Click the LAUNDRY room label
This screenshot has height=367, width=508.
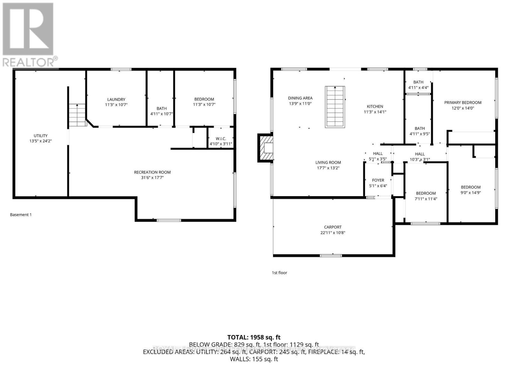[x=116, y=99]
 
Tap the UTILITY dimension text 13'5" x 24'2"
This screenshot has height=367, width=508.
[x=40, y=141]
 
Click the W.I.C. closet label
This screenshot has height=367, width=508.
[x=221, y=139]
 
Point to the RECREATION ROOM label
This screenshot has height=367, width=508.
[x=152, y=172]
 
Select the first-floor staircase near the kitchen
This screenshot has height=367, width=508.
[x=335, y=107]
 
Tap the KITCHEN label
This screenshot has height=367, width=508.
[x=375, y=106]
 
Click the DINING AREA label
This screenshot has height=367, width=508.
[x=300, y=98]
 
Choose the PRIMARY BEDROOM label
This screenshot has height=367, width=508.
[x=463, y=103]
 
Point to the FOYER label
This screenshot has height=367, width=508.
[x=378, y=180]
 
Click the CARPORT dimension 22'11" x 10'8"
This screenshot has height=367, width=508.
[x=333, y=233]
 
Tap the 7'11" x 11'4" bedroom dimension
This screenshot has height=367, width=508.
[x=426, y=199]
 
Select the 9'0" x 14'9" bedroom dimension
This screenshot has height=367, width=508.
[x=471, y=192]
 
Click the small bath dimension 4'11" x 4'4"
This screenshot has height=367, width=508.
[x=418, y=87]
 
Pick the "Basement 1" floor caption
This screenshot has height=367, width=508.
[x=21, y=215]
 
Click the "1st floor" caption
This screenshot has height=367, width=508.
[x=279, y=273]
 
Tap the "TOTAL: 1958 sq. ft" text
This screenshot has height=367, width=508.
[x=254, y=338]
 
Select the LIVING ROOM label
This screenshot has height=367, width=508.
[x=328, y=163]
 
